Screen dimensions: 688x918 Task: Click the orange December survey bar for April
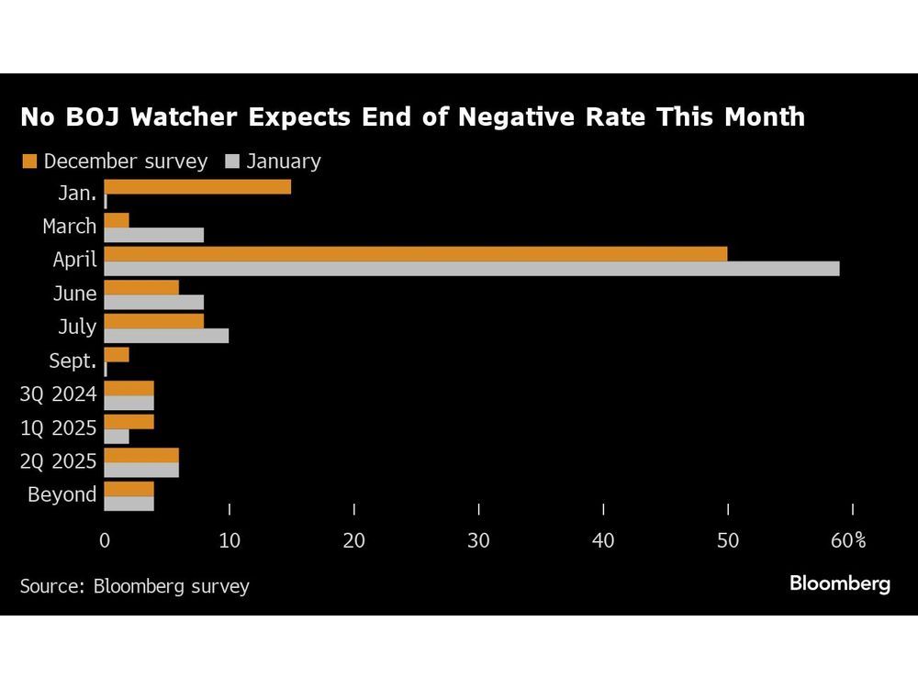coord(416,253)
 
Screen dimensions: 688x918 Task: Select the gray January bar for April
coord(472,268)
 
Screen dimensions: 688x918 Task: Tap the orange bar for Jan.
coord(197,186)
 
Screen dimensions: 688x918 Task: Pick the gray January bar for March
coord(154,234)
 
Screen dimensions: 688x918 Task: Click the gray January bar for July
coord(166,336)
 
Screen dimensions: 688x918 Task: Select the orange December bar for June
coord(141,287)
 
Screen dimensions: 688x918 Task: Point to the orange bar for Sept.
coord(117,355)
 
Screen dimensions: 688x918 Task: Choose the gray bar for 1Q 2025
coord(117,436)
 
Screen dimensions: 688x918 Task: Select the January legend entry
coord(274,161)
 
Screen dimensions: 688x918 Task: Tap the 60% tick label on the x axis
coord(848,541)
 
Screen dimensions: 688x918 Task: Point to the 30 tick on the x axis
coord(478,541)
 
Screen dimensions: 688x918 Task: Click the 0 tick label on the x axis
coord(105,541)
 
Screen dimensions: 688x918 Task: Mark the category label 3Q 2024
coord(59,394)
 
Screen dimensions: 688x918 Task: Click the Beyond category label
coord(62,495)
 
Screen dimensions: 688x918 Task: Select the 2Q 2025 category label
coord(59,461)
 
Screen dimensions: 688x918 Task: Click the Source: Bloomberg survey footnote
coord(134,585)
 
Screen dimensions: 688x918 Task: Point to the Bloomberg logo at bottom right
coord(839,583)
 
